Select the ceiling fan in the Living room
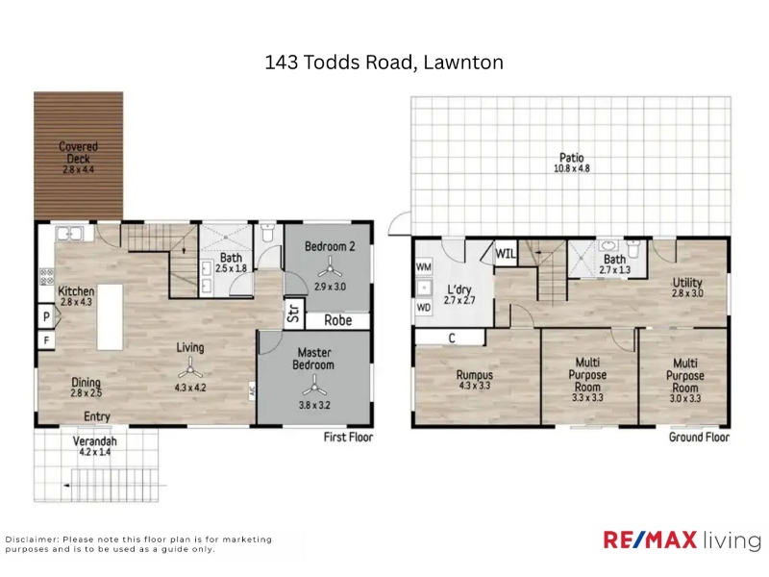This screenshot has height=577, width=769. pyautogui.click(x=189, y=367)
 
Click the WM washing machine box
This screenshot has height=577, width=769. pyautogui.click(x=423, y=267)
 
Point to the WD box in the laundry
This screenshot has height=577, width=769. pyautogui.click(x=423, y=308)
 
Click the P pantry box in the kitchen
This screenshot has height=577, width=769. pyautogui.click(x=46, y=316)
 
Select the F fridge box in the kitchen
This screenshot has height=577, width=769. pyautogui.click(x=46, y=339)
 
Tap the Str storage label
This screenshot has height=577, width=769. pyautogui.click(x=293, y=314)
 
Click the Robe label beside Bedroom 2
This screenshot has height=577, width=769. pyautogui.click(x=338, y=320)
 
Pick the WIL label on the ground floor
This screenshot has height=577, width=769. pyautogui.click(x=506, y=254)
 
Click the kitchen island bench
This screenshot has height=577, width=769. pyautogui.click(x=110, y=317)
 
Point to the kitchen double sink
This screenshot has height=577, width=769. pyautogui.click(x=69, y=234)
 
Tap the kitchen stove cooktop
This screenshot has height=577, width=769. pyautogui.click(x=46, y=277)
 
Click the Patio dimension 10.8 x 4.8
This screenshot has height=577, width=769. pyautogui.click(x=571, y=168)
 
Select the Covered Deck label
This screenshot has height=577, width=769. pyautogui.click(x=78, y=153)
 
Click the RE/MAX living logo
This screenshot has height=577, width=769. pyautogui.click(x=682, y=539)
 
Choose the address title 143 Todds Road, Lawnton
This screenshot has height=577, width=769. pyautogui.click(x=384, y=63)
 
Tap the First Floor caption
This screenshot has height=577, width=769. pyautogui.click(x=348, y=438)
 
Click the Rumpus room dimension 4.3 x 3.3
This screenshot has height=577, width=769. pyautogui.click(x=474, y=386)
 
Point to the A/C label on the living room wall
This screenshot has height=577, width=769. pyautogui.click(x=252, y=391)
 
